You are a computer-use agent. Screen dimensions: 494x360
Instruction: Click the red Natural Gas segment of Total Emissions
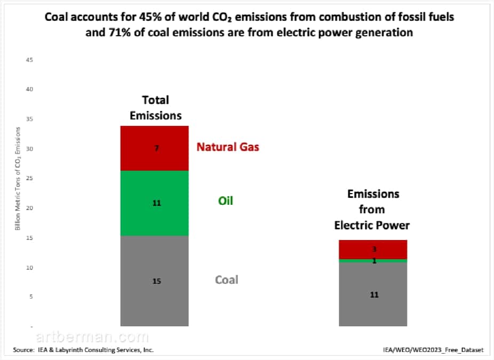tap(154, 148)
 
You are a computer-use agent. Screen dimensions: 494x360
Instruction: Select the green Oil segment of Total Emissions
tap(154, 203)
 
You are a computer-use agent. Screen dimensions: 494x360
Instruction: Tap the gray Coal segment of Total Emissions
tap(154, 281)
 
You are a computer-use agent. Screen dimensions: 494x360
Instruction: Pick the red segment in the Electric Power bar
tap(373, 250)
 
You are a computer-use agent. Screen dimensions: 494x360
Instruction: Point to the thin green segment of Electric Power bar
tap(373, 261)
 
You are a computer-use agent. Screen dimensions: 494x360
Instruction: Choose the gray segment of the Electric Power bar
tap(373, 294)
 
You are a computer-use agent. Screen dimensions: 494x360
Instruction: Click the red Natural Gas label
tap(228, 147)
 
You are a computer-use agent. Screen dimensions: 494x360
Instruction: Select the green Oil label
tap(226, 201)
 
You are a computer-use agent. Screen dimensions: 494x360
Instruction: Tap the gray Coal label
tap(227, 279)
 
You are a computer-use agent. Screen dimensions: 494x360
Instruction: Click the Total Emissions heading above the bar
tap(156, 108)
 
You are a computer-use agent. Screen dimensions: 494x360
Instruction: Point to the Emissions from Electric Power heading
tap(372, 210)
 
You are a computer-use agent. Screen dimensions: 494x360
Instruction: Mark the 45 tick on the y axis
tap(29, 60)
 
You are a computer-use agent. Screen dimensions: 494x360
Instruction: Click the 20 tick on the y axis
tap(29, 208)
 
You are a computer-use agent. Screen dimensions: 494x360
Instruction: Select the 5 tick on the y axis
tap(31, 297)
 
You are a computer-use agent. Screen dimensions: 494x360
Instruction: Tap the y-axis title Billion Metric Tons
tap(18, 179)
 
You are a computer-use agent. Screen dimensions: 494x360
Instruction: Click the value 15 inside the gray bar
tap(157, 281)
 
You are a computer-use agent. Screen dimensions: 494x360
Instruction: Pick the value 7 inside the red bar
tap(157, 148)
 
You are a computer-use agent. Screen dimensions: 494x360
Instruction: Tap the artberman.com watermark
tap(92, 337)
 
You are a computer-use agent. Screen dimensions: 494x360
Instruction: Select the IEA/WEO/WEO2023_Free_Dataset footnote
tap(433, 350)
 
